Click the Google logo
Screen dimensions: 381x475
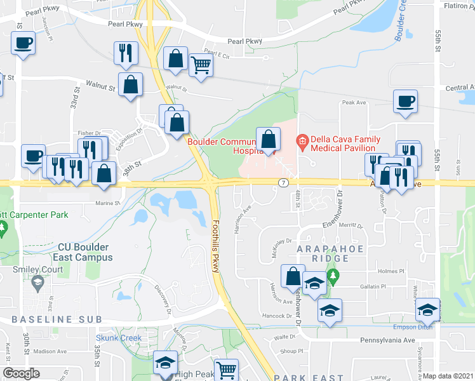[x=21, y=374]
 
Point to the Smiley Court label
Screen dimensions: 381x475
[x=37, y=269]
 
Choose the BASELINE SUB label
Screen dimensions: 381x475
[x=42, y=318]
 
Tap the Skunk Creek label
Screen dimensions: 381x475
[x=119, y=338]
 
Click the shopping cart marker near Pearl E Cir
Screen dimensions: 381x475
[x=201, y=64]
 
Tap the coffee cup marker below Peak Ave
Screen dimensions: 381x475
[x=405, y=101]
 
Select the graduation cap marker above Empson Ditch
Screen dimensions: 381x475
[x=427, y=310]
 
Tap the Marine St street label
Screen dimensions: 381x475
[x=107, y=203]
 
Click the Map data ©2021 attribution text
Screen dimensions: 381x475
[x=448, y=376]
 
